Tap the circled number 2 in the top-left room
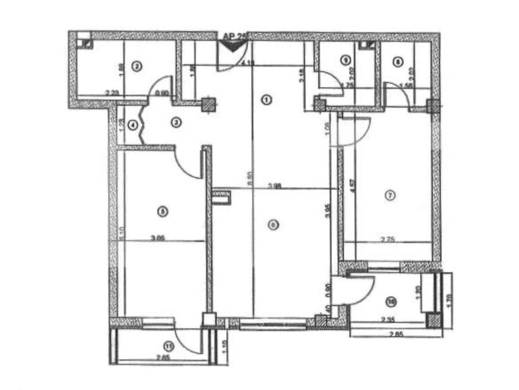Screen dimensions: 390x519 (x=137, y=65)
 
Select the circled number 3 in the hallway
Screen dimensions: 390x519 (x=176, y=122)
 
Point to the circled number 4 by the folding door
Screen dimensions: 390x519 (x=133, y=125)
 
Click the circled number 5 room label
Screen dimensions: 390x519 (x=162, y=211)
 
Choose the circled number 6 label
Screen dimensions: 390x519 (x=272, y=225)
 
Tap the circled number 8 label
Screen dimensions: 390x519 (x=398, y=61)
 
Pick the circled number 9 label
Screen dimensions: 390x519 (x=346, y=60)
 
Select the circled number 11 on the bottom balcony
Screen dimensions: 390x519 (x=169, y=346)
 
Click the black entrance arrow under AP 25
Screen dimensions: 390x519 (x=233, y=46)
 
